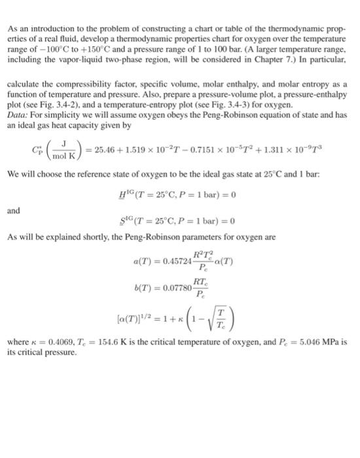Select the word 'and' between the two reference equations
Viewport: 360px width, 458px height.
pos(14,211)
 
